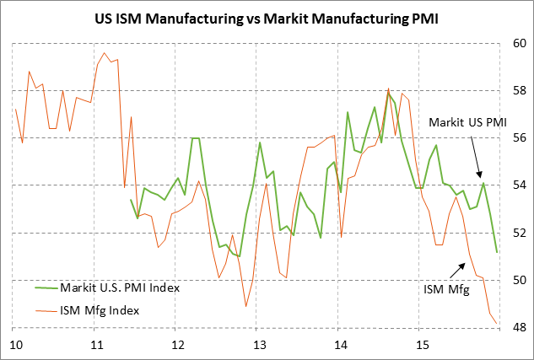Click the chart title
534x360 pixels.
[266, 17]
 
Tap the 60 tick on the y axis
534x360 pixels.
[517, 43]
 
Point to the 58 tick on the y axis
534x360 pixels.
[517, 90]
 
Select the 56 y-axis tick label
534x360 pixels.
[517, 137]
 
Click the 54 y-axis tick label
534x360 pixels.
[517, 185]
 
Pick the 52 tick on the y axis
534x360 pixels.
[517, 233]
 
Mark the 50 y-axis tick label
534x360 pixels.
[517, 280]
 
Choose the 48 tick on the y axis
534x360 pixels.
[517, 327]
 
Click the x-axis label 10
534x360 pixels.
[15, 345]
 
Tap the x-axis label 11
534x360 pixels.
[97, 345]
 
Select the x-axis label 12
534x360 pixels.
[178, 345]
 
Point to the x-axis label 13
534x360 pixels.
[260, 345]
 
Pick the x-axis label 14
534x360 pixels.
[341, 345]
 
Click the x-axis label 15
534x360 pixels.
[423, 345]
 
